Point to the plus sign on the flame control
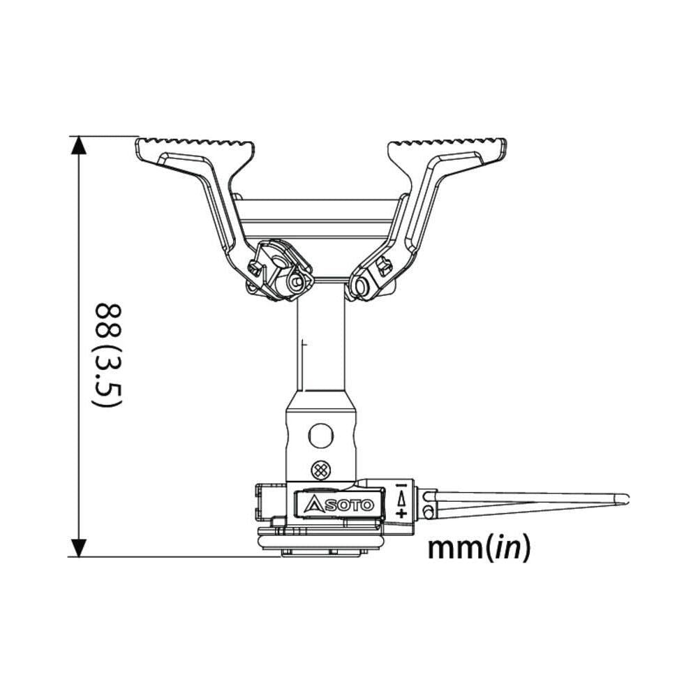401,513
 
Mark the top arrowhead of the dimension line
80,145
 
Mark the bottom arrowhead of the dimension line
80,547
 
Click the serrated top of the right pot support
447,145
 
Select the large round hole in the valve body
321,436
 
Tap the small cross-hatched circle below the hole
321,469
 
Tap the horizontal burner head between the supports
321,218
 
